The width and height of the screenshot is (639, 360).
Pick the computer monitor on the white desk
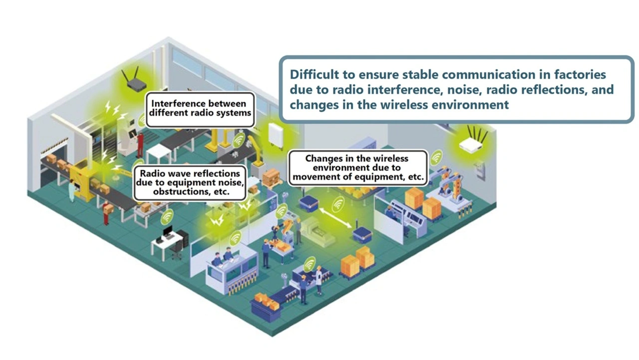coord(167,232)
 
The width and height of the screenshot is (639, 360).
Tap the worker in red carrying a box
coord(106,213)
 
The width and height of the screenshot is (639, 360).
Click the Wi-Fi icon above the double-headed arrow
coord(339,203)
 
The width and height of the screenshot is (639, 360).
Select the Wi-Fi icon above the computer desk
coord(167,217)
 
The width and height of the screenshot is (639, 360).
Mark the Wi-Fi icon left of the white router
coord(437,157)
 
